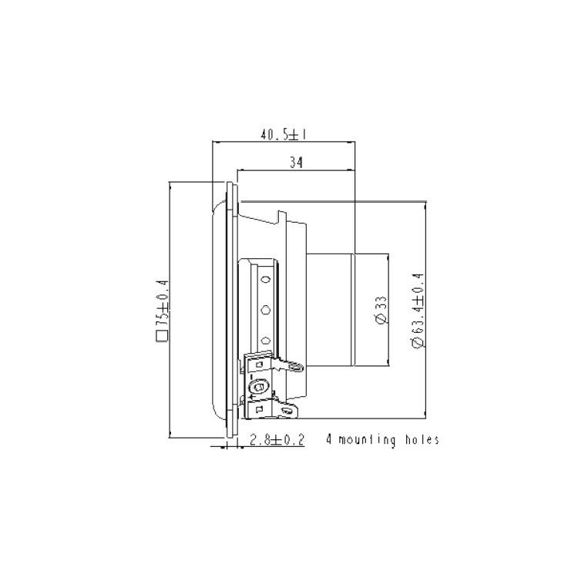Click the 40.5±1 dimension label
(x=284, y=135)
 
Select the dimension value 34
(x=296, y=163)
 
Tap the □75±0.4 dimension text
(x=162, y=311)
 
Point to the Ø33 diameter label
(x=381, y=311)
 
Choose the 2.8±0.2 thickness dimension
(x=277, y=440)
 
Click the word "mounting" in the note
(x=367, y=440)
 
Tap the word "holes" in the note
(x=422, y=439)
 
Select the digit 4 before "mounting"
(x=329, y=440)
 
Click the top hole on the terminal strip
(x=266, y=280)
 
